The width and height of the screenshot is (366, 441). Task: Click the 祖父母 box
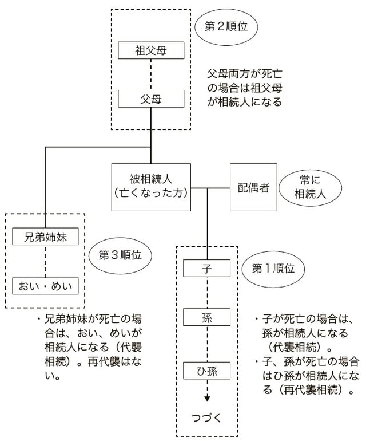[151, 50]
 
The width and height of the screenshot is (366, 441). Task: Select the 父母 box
[151, 99]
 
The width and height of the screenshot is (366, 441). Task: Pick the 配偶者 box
[253, 187]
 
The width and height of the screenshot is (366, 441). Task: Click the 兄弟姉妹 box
[44, 236]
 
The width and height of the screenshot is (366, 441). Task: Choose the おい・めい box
[44, 285]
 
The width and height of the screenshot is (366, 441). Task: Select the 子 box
[207, 267]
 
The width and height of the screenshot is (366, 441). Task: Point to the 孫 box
[207, 317]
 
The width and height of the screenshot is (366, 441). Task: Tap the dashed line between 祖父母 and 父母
[151, 74]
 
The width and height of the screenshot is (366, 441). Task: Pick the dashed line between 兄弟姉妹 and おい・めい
[44, 261]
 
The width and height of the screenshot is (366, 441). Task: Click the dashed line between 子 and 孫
[207, 292]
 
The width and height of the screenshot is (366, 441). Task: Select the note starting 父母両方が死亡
[245, 89]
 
